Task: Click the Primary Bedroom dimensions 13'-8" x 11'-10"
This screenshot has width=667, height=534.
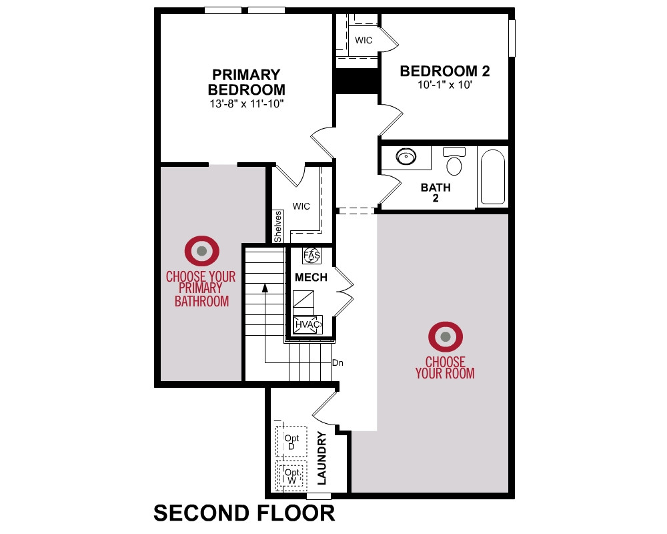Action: [x=246, y=103]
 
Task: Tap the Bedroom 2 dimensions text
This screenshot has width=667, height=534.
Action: [x=444, y=84]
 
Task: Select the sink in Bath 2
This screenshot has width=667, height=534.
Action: [x=406, y=156]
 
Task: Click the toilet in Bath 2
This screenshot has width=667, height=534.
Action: [x=454, y=161]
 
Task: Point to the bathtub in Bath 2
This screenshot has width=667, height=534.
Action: [x=493, y=177]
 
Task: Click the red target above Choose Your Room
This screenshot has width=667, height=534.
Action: [x=446, y=337]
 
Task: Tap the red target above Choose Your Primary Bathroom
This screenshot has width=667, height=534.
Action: [x=202, y=251]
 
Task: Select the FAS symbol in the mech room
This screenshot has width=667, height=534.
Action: [x=311, y=256]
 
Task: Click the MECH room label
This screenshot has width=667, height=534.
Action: [x=311, y=277]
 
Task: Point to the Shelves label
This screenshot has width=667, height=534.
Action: [x=277, y=226]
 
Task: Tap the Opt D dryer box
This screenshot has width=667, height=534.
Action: [x=292, y=442]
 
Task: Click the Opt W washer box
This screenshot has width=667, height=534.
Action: [x=292, y=476]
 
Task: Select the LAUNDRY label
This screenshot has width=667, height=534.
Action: [x=322, y=458]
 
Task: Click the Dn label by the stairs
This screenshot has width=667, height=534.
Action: [x=338, y=363]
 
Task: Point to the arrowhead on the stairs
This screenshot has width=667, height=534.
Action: [x=265, y=288]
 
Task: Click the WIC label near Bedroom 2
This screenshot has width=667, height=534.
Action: [x=364, y=40]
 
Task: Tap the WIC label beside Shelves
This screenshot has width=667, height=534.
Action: [x=301, y=206]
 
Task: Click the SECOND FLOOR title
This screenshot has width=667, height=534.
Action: [x=244, y=513]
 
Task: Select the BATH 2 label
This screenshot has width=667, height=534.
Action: [x=436, y=192]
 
